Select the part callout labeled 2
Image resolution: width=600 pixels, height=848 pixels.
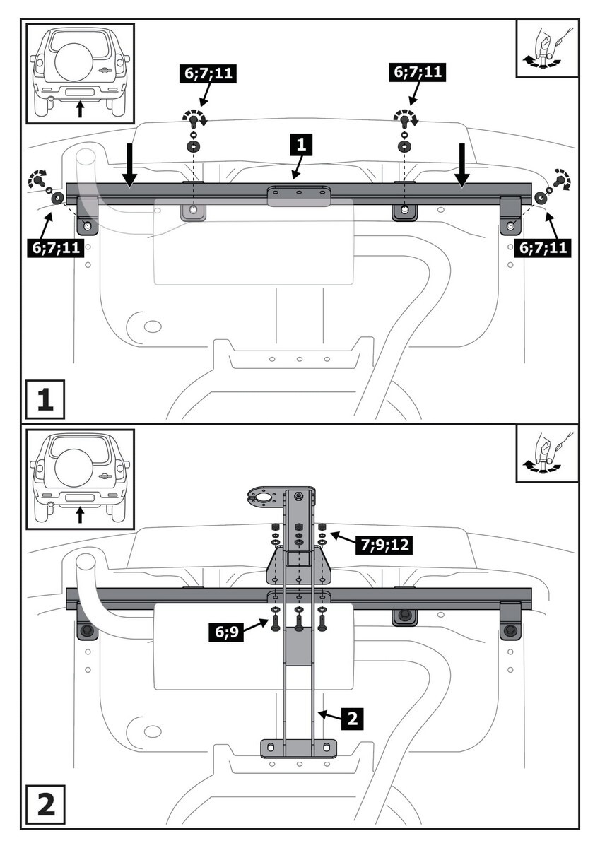coord(353,719)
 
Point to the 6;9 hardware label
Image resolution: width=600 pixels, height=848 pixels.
coord(226,631)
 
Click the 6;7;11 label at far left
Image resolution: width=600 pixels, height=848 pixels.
coord(53,247)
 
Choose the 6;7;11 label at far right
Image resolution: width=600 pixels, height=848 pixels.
coord(543,247)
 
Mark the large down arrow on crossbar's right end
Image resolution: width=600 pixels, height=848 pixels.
coord(461,165)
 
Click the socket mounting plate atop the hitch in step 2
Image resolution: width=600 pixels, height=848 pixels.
coord(266,497)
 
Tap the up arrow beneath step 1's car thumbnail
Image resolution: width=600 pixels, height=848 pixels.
coord(80,108)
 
